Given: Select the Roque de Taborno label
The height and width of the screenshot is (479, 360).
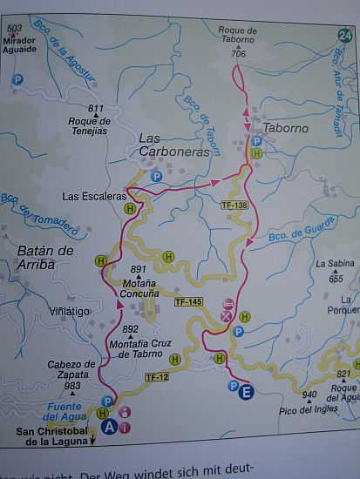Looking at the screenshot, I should pyautogui.click(x=239, y=35).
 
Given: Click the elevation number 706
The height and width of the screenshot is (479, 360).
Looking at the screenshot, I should pyautogui.click(x=239, y=53).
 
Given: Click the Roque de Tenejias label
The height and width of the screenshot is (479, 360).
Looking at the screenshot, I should pyautogui.click(x=88, y=125).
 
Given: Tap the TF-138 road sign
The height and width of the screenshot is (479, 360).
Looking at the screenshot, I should pyautogui.click(x=234, y=206).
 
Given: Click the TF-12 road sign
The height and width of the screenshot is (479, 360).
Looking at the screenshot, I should pyautogui.click(x=158, y=376).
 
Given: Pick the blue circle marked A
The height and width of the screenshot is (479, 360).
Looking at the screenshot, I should pyautogui.click(x=108, y=428).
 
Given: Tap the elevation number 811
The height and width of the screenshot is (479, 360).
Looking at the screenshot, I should pyautogui.click(x=96, y=108).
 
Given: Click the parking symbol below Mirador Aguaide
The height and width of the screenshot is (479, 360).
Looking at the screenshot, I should pyautogui.click(x=17, y=80).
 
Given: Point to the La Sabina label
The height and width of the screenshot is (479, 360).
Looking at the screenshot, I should pyautogui.click(x=335, y=265).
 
